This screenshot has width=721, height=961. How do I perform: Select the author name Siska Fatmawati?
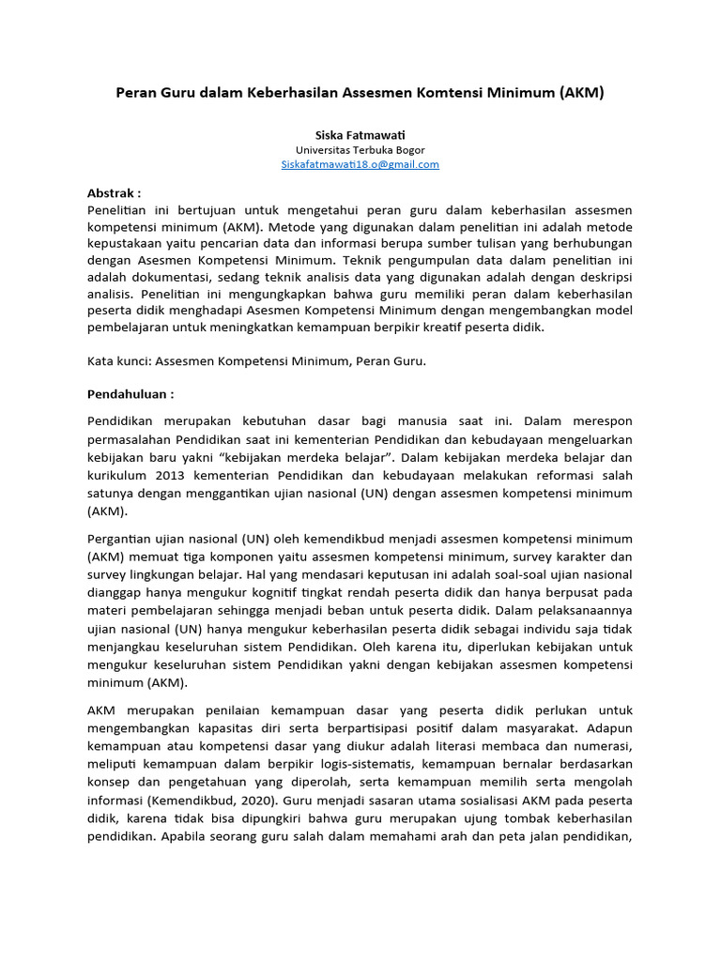[x=360, y=135]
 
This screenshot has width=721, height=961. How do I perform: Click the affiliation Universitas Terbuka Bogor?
[x=360, y=150]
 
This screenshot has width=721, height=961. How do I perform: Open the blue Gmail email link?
[x=360, y=164]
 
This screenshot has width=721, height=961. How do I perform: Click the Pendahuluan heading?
[x=130, y=394]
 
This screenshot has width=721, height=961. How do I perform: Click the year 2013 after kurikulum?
[x=169, y=473]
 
